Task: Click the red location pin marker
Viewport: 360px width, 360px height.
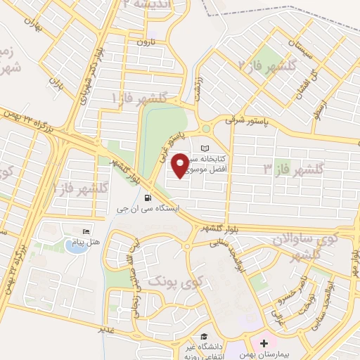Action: tap(180, 165)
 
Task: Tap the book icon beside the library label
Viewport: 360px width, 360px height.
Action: tap(205, 148)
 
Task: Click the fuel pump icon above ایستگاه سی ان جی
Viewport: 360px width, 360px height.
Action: tap(147, 198)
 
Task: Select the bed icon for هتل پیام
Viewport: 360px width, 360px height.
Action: tap(86, 232)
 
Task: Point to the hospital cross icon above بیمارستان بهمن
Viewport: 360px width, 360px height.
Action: tap(264, 344)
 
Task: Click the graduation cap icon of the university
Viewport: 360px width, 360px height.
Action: tap(204, 337)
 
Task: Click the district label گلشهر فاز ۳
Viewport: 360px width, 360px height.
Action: tap(292, 169)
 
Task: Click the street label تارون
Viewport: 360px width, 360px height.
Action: tap(144, 43)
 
